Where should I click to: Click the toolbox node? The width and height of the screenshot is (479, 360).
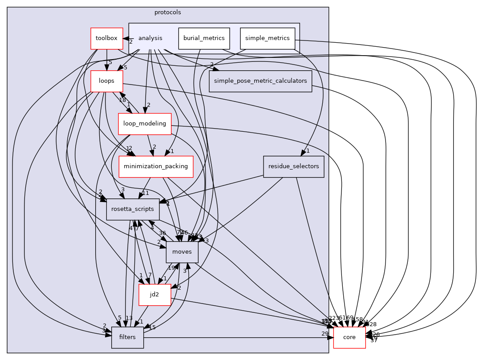pyautogui.click(x=106, y=38)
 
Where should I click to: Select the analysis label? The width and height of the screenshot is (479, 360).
pyautogui.click(x=150, y=38)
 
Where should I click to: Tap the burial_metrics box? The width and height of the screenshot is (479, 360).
pyautogui.click(x=204, y=38)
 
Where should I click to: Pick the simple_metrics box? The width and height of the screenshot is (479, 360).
pyautogui.click(x=268, y=38)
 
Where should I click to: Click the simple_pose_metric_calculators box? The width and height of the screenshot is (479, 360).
pyautogui.click(x=260, y=81)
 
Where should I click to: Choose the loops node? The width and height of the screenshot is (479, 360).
pyautogui.click(x=107, y=81)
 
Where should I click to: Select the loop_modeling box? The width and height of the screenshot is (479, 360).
pyautogui.click(x=145, y=124)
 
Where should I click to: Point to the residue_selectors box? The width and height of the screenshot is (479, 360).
pyautogui.click(x=293, y=166)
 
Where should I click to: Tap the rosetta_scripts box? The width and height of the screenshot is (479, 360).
pyautogui.click(x=133, y=209)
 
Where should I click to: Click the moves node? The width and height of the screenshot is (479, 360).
pyautogui.click(x=182, y=252)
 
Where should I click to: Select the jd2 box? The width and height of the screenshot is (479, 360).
pyautogui.click(x=154, y=295)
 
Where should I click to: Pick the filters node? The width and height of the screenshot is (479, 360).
pyautogui.click(x=127, y=337)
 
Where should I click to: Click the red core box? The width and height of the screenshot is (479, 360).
pyautogui.click(x=349, y=337)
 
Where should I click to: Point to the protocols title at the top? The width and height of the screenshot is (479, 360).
pyautogui.click(x=167, y=12)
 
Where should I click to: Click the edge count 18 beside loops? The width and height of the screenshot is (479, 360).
pyautogui.click(x=122, y=100)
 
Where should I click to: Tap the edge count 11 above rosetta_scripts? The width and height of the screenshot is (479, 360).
pyautogui.click(x=145, y=193)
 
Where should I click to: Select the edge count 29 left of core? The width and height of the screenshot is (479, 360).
pyautogui.click(x=325, y=333)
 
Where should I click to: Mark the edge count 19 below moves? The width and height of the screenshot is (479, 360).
pyautogui.click(x=171, y=268)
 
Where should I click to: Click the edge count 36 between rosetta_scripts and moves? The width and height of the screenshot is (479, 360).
pyautogui.click(x=162, y=233)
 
